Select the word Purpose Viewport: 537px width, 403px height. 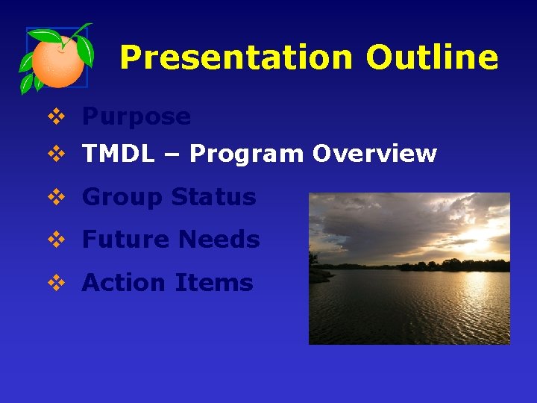136,117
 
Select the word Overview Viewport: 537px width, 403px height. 374,154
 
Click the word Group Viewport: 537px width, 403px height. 122,197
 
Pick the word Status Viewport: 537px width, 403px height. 213,197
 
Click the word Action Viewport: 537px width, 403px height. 124,283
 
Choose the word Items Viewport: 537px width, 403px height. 214,283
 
